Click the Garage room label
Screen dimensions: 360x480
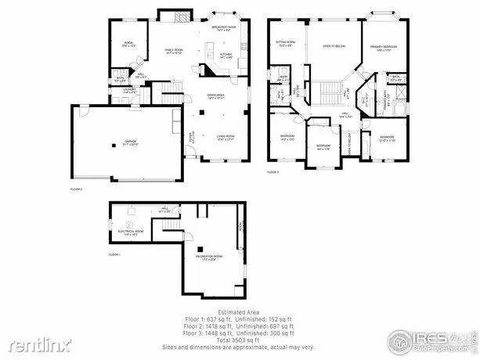point(119,142)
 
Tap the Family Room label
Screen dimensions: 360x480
point(173,51)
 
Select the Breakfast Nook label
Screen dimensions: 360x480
point(224,29)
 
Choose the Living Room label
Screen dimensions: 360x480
point(226,138)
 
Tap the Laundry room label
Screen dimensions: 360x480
point(129,92)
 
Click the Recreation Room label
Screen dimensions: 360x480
point(202,258)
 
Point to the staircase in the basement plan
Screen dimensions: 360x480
point(170,228)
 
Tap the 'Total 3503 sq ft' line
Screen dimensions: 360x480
point(240,340)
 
